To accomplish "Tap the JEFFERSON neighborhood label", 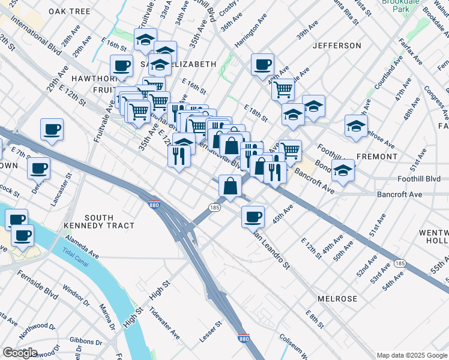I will (x=337, y=46).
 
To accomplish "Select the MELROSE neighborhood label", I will (x=337, y=298).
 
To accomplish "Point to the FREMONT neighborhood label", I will (x=377, y=156).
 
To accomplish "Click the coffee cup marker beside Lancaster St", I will (x=40, y=168).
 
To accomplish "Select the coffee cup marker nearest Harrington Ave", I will (x=262, y=64).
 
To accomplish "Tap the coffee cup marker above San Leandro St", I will (x=253, y=215).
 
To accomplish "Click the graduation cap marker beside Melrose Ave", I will (x=355, y=126).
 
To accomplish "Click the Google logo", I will (x=20, y=353).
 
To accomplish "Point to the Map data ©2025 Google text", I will (x=411, y=355).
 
